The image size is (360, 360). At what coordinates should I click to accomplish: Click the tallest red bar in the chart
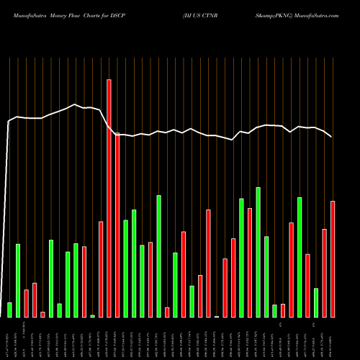click(109, 198)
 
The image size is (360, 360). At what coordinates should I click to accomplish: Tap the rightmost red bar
click(333, 259)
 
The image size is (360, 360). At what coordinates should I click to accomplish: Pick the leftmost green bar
click(9, 310)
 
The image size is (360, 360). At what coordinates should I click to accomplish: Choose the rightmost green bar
click(316, 302)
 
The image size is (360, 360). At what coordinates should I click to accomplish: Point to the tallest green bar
click(258, 252)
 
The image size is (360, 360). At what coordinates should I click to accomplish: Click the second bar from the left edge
click(18, 281)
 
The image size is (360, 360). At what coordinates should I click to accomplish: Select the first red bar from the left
click(26, 303)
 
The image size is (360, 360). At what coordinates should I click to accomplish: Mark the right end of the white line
click(332, 137)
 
